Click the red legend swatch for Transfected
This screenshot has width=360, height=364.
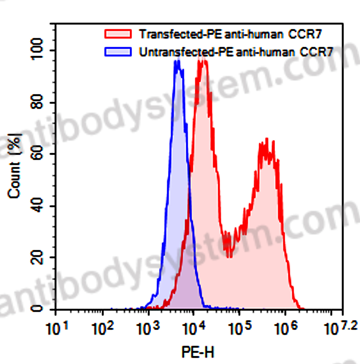118,34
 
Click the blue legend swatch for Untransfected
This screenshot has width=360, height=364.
118,52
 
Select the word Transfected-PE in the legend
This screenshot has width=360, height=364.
181,34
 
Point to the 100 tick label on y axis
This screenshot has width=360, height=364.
38,49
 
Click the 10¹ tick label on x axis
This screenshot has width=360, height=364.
57,328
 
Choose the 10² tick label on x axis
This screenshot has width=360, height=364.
102,328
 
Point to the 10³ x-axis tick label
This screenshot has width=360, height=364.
148,328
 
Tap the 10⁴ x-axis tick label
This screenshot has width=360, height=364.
194,328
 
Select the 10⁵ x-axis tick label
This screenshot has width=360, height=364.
240,328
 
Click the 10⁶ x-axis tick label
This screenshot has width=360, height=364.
286,328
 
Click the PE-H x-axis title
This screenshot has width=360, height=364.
198,352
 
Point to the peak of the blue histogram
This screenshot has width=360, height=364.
178,62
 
